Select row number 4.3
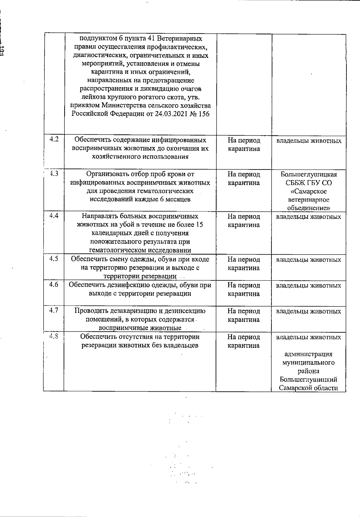point(54,173)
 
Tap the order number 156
point(204,114)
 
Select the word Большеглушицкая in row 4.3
point(309,175)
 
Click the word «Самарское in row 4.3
point(309,191)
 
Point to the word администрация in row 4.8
point(308,354)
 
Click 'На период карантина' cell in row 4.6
point(244,289)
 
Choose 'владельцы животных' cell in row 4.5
point(308,260)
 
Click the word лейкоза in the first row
point(92,97)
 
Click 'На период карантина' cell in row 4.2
point(244,144)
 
